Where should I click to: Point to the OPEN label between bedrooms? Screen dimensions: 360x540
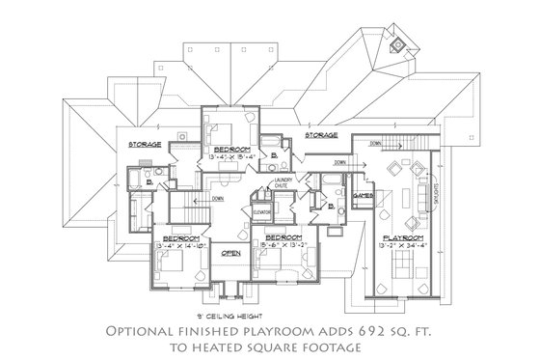tap(230, 254)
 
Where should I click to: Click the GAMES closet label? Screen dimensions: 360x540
tap(364, 196)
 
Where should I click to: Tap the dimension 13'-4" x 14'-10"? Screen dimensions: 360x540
tap(179, 245)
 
